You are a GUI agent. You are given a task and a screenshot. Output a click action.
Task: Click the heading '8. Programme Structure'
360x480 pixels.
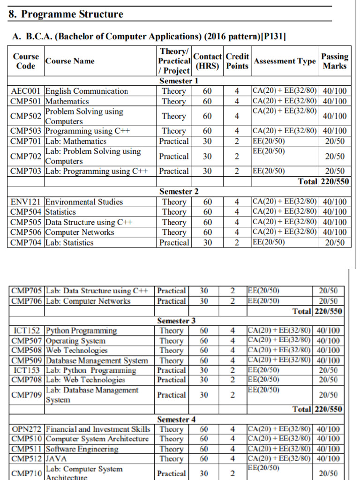(66, 14)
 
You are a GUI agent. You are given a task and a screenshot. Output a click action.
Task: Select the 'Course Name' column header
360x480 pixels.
(70, 61)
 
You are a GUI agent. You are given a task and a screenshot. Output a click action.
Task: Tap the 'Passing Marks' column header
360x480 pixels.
(335, 61)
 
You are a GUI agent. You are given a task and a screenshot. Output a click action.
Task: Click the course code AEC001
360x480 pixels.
(27, 91)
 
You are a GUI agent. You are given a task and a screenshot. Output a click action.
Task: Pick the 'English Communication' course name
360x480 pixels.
(87, 91)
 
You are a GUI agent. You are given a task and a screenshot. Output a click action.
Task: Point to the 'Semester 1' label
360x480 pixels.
(179, 81)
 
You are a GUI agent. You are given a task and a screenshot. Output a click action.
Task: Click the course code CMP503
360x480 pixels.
(27, 131)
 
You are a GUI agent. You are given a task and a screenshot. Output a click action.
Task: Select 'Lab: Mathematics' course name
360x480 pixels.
(76, 141)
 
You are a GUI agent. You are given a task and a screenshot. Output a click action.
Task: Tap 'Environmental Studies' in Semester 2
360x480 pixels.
(84, 202)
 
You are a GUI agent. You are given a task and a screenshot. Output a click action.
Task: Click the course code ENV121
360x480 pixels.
(27, 202)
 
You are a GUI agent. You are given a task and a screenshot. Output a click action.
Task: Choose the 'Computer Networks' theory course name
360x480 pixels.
(80, 232)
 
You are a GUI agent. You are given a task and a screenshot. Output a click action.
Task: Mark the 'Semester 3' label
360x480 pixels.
(176, 321)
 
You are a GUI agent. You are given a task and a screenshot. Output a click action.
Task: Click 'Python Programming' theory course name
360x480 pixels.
(82, 331)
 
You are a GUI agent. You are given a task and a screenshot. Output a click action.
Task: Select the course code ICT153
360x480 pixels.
(27, 370)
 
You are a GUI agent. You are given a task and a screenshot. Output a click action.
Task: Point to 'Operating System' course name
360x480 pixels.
(75, 341)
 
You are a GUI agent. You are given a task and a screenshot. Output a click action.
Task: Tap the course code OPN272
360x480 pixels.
(27, 429)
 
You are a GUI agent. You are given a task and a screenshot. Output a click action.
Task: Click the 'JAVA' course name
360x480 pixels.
(56, 459)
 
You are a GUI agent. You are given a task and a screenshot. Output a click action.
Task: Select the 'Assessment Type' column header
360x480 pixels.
(285, 61)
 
